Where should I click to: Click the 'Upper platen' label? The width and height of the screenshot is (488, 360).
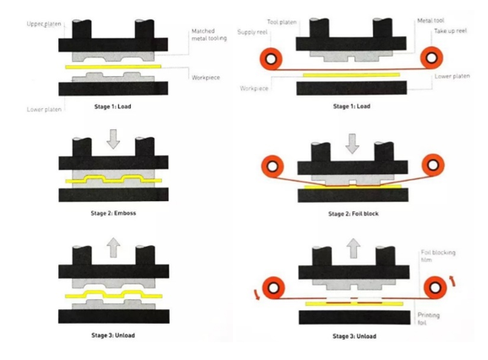44,24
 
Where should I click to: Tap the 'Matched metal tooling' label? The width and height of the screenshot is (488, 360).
209,35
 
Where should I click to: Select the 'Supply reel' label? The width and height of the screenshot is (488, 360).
252,32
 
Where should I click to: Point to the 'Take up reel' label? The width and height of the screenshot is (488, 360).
451,30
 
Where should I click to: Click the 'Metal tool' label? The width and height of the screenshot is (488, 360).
431,20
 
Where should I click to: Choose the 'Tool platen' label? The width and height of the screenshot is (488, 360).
282,22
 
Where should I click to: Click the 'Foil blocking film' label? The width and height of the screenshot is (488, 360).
438,256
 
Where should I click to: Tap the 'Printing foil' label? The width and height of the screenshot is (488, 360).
429,319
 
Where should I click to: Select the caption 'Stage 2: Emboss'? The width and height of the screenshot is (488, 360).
113,213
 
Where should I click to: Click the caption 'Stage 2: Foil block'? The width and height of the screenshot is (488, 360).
353,214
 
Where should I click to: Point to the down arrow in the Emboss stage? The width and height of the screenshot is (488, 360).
113,139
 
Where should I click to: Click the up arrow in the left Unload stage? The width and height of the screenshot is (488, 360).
113,248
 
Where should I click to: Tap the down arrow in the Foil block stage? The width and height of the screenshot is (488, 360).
352,144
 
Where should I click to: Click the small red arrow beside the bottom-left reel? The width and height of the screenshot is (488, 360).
257,295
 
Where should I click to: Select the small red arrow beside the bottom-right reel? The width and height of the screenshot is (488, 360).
453,281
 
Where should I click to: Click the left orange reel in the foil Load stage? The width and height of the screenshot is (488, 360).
271,58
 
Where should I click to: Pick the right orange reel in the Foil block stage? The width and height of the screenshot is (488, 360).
433,165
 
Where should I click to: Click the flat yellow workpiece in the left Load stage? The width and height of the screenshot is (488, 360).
113,67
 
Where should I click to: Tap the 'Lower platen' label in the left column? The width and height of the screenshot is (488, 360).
44,110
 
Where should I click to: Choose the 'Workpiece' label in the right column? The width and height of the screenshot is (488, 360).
254,89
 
